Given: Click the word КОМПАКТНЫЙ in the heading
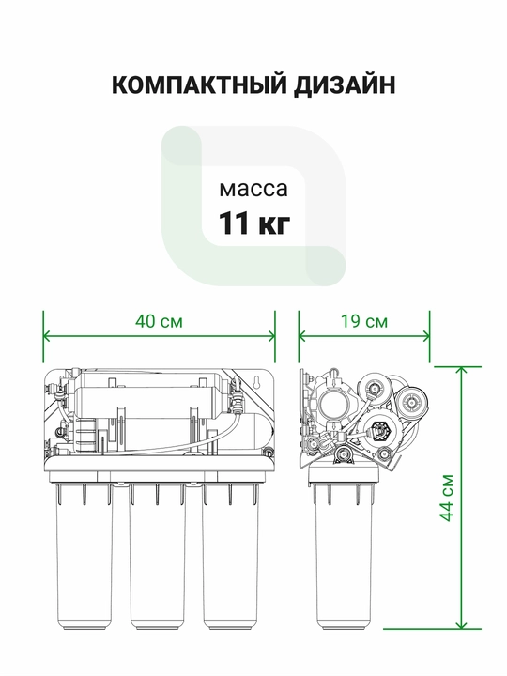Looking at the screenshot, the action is [x=199, y=84].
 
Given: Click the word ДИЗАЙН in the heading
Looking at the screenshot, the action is [x=345, y=84].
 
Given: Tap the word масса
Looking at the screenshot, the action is [x=253, y=190].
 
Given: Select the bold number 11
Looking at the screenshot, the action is [x=234, y=223].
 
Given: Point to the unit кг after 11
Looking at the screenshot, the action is [x=273, y=225].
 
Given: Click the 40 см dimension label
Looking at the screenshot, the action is [x=159, y=322].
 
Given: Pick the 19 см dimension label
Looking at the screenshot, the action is [x=364, y=322].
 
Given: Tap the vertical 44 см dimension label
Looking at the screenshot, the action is [x=448, y=498].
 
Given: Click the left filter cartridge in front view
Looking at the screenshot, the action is [x=84, y=556].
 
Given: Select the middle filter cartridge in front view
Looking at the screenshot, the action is [x=158, y=556].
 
